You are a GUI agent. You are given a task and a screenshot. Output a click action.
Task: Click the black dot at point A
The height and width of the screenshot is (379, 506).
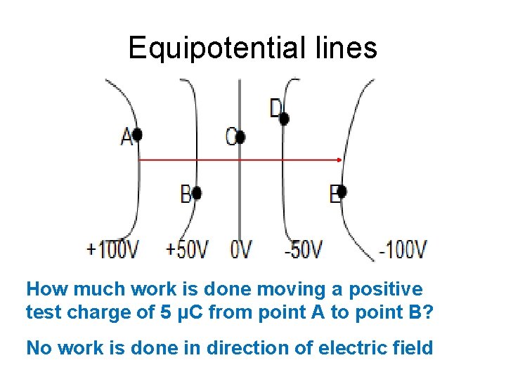pos(137,134)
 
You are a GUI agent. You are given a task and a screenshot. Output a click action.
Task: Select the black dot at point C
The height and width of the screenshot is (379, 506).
pos(240,138)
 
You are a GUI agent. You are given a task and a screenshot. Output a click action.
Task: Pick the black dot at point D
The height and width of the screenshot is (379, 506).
pos(284,119)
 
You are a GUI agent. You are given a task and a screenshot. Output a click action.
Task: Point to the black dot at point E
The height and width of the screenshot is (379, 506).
pos(342,191)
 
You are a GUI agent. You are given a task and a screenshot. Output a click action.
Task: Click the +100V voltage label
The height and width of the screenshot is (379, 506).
pos(112,248)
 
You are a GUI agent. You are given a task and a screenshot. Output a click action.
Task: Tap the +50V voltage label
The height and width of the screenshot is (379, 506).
pos(188,248)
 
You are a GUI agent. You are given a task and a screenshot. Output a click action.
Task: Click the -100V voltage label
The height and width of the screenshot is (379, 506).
pos(403,248)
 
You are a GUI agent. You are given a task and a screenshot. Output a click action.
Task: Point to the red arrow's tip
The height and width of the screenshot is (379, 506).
pos(341,161)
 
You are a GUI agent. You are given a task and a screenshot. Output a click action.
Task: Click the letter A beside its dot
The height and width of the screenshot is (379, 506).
pos(126,137)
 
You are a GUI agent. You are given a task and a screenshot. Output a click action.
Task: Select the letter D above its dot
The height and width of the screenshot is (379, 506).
pos(275,108)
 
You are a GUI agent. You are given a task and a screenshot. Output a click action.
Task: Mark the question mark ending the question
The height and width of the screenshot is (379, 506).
pos(430,312)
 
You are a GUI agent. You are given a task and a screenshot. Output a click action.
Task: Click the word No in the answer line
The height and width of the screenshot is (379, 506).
pos(38,347)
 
